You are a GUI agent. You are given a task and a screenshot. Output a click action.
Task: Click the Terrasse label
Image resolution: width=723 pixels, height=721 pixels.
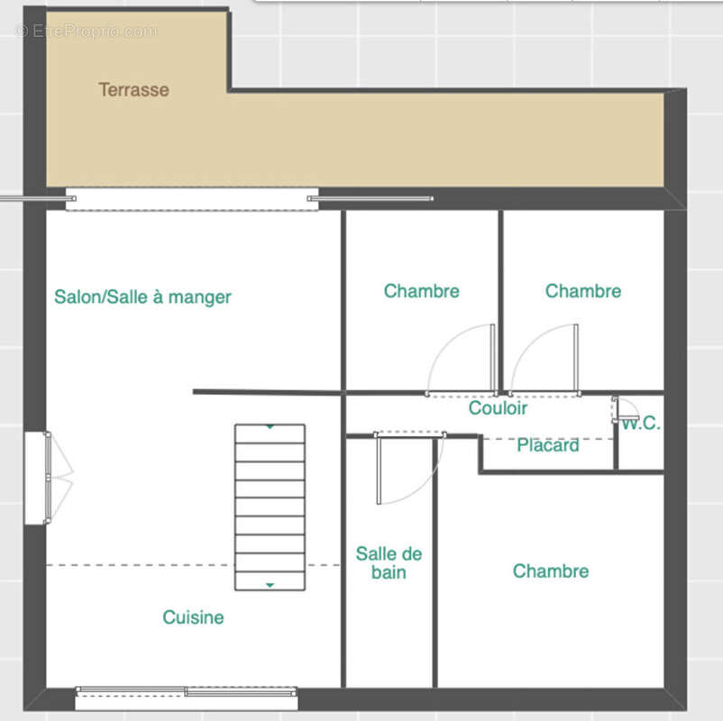click(133, 90)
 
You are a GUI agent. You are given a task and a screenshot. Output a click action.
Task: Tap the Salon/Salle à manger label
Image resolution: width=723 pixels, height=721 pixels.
click(142, 297)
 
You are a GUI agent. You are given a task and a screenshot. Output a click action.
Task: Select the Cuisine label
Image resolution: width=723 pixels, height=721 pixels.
click(193, 617)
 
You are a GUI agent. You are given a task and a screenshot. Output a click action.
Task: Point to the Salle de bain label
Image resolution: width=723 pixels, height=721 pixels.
click(389, 563)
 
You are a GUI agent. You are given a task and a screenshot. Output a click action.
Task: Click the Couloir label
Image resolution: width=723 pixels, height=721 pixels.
click(498, 408)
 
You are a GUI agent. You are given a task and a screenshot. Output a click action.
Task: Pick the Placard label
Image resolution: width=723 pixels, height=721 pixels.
click(548, 445)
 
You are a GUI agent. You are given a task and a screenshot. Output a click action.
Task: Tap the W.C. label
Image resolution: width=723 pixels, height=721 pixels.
click(642, 424)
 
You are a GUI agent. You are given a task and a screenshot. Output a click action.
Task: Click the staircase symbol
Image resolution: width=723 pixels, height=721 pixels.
click(270, 507)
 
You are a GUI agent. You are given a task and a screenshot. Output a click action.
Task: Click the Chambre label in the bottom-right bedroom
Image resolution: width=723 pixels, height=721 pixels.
click(550, 570)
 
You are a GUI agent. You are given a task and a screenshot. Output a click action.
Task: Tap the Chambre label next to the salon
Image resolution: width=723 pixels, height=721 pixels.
click(421, 291)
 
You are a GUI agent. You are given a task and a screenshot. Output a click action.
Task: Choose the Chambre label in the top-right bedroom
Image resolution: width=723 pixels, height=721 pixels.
click(582, 291)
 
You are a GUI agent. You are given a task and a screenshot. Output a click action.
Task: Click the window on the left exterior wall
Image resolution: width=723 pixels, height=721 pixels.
click(36, 478)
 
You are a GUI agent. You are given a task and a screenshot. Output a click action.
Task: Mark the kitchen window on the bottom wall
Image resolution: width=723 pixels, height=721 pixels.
click(187, 692)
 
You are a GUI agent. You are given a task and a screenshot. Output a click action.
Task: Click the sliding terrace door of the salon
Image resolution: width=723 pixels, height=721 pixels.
click(192, 198)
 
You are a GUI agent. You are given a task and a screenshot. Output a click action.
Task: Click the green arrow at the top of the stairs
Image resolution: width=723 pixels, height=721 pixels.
click(270, 427)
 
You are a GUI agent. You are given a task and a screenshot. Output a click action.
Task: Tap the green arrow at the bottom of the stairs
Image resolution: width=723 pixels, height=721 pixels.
click(270, 585)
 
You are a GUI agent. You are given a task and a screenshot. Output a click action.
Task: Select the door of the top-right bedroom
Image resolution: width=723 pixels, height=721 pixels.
click(575, 358)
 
